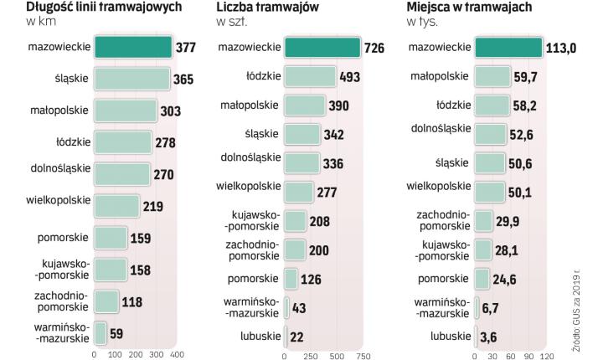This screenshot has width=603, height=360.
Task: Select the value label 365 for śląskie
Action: [x=183, y=80]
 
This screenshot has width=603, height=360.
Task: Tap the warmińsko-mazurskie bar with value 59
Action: [x=100, y=332]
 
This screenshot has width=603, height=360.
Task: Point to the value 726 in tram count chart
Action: [x=374, y=48]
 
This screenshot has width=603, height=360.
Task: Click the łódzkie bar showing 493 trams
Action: [x=310, y=77]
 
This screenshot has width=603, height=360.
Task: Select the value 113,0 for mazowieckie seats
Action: [x=561, y=48]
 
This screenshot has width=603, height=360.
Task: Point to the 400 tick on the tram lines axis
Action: [x=177, y=354]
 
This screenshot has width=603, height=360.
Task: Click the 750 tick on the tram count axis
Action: [x=363, y=354]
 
